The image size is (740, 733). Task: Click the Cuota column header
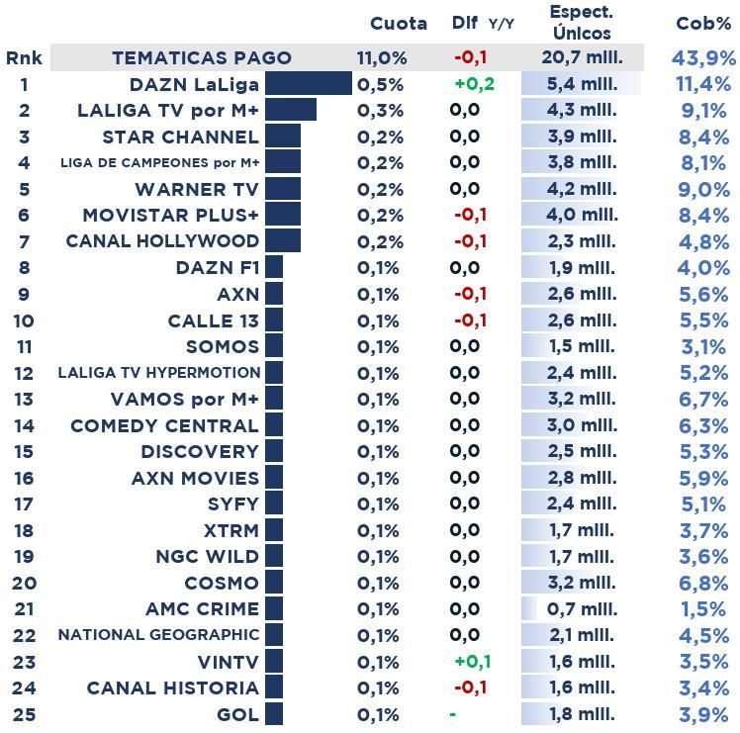tap(398, 24)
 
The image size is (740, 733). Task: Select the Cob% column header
tap(703, 24)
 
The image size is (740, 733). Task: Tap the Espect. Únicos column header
tap(581, 23)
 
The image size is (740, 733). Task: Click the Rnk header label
tap(24, 58)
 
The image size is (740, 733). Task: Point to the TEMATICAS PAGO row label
tap(202, 58)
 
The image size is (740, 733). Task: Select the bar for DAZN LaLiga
tap(308, 84)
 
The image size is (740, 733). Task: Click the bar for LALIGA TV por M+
tap(290, 110)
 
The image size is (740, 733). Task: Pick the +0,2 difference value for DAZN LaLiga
tap(473, 84)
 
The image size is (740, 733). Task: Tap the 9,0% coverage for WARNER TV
tap(703, 189)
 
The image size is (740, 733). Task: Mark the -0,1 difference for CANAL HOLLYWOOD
tap(470, 241)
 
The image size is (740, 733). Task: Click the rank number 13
tap(24, 399)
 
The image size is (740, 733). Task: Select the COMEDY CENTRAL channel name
tap(164, 425)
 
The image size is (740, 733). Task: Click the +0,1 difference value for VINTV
tap(472, 661)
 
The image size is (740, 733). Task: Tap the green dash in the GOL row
tap(452, 714)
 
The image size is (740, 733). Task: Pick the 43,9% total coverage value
tap(703, 58)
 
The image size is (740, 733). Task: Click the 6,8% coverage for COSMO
tap(703, 583)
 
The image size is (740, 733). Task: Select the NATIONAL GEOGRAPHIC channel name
tap(158, 635)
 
